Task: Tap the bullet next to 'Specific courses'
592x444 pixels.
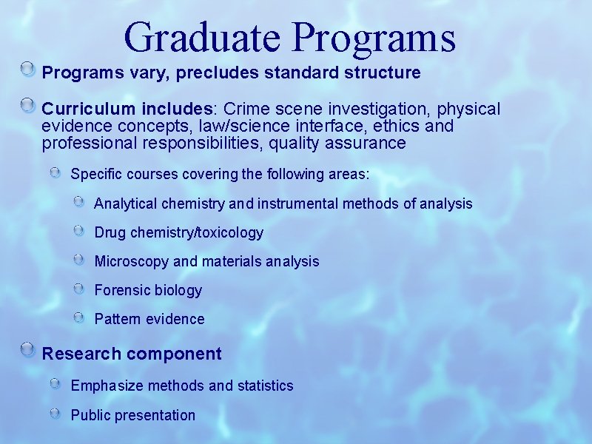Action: [x=56, y=173]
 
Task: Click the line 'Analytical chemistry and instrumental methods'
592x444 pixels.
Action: [x=283, y=203]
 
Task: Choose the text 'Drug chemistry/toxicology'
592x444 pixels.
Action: [x=178, y=232]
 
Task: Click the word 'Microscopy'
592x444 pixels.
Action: [x=131, y=261]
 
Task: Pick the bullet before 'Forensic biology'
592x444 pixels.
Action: [x=79, y=289]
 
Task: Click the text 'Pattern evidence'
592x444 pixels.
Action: [x=149, y=319]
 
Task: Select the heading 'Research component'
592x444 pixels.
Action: [x=132, y=354]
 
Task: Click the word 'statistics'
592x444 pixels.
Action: [x=265, y=386]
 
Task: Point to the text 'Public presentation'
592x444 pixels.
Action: [x=132, y=415]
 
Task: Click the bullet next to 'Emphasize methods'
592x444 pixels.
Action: [x=56, y=384]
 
